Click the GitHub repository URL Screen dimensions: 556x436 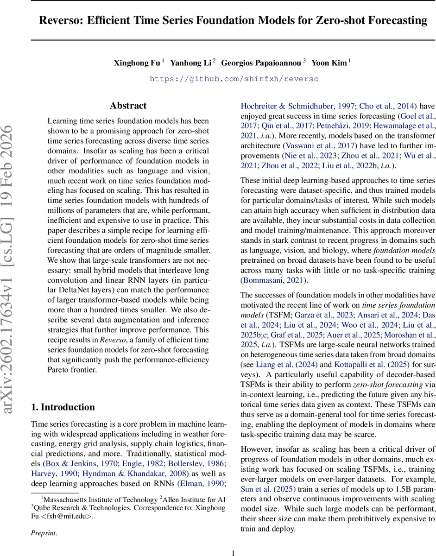point(234,79)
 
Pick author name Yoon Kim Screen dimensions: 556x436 point(329,63)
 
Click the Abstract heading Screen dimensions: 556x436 point(128,106)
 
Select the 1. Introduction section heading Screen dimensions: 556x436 point(63,407)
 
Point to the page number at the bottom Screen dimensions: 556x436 point(234,552)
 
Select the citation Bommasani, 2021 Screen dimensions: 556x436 point(274,280)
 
